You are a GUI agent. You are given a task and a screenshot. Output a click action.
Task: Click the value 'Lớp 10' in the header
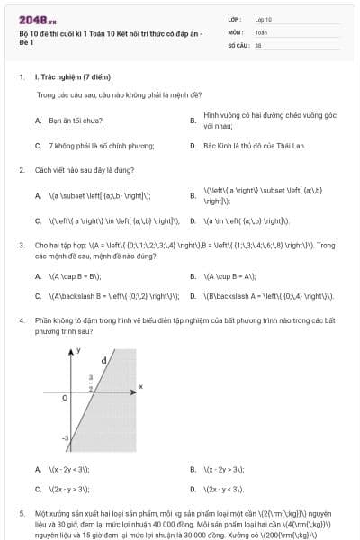(264, 18)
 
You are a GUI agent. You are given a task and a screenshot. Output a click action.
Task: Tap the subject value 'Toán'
(261, 31)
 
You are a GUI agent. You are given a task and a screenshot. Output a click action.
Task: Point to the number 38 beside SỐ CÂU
(258, 43)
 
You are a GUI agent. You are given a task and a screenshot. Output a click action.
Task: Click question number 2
(21, 169)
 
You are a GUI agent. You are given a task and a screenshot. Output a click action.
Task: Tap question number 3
(21, 245)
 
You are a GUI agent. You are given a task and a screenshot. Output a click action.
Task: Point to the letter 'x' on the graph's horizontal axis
(140, 386)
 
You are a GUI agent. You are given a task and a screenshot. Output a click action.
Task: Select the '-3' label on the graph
(65, 436)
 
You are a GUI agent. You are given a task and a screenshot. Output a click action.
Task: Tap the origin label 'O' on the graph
(65, 396)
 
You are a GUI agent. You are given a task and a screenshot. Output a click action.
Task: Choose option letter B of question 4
(193, 469)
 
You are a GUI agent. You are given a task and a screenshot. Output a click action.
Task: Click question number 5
(21, 512)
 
